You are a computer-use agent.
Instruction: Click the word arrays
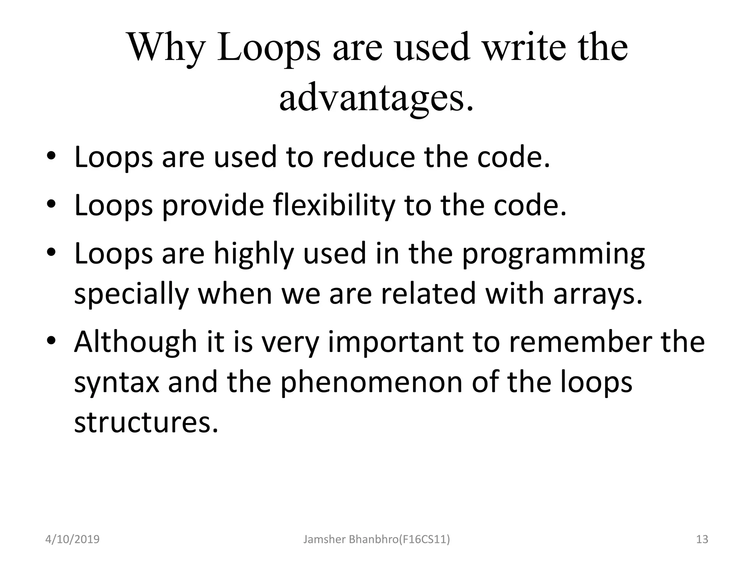598,294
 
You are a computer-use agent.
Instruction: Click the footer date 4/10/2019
72,540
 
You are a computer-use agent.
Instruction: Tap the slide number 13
702,540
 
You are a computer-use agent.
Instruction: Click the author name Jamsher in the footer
324,540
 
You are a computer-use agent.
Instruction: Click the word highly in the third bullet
254,255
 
